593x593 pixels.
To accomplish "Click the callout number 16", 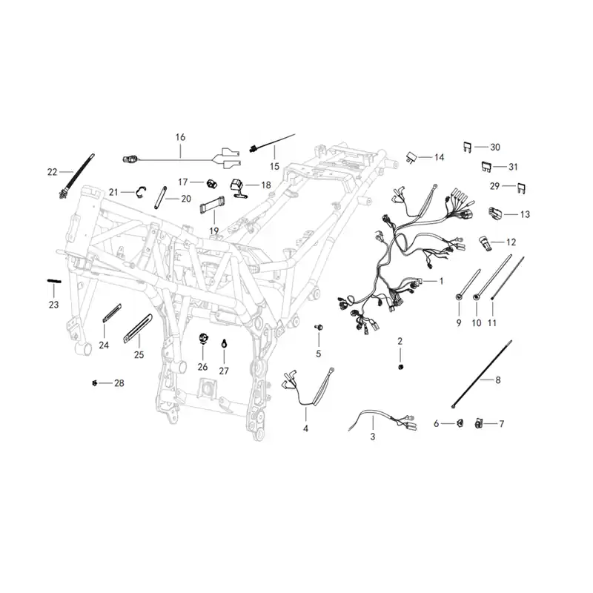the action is pyautogui.click(x=180, y=137).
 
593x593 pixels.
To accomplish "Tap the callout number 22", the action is pyautogui.click(x=52, y=172).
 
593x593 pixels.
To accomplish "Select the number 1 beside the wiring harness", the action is pyautogui.click(x=441, y=281).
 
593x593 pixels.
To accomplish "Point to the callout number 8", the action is pyautogui.click(x=497, y=380).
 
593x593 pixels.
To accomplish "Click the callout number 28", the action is pyautogui.click(x=119, y=383).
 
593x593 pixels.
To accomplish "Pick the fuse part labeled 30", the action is pyautogui.click(x=468, y=147).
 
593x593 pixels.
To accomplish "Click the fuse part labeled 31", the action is pyautogui.click(x=486, y=167).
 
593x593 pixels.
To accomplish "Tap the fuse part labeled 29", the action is pyautogui.click(x=521, y=188).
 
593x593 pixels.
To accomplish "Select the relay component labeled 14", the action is pyautogui.click(x=412, y=157).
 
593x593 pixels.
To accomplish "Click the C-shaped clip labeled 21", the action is pyautogui.click(x=139, y=192).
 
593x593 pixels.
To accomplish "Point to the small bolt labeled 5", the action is pyautogui.click(x=318, y=327).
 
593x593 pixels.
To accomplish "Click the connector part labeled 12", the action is pyautogui.click(x=486, y=243).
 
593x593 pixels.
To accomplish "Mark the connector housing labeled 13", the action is pyautogui.click(x=495, y=213).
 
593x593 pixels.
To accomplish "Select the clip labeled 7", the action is pyautogui.click(x=478, y=423).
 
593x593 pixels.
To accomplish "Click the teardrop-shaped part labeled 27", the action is pyautogui.click(x=224, y=344).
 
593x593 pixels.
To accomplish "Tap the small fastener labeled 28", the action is pyautogui.click(x=95, y=383).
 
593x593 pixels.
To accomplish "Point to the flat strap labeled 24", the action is pyautogui.click(x=112, y=313).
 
